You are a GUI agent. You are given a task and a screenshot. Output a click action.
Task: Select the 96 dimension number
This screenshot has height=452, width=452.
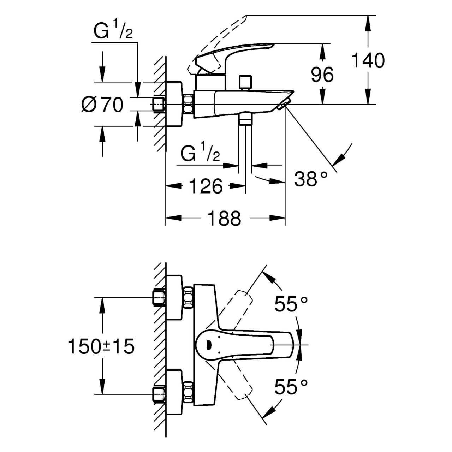[322, 75]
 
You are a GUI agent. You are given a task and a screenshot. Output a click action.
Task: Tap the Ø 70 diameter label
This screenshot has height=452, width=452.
[102, 105]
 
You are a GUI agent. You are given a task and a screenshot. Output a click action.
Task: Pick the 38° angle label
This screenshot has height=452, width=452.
[311, 179]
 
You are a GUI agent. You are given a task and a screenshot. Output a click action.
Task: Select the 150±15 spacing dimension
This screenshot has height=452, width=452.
[101, 346]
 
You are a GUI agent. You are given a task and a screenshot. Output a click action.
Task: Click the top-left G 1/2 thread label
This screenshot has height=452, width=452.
[113, 32]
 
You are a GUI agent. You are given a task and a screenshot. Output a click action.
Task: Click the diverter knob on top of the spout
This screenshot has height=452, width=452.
[244, 82]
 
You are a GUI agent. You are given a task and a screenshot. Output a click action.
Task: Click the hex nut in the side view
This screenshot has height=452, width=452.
[188, 104]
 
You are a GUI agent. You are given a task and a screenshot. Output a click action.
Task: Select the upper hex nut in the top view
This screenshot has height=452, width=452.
[188, 297]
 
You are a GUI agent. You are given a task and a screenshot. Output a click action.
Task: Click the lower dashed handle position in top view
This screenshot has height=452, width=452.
[238, 383]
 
